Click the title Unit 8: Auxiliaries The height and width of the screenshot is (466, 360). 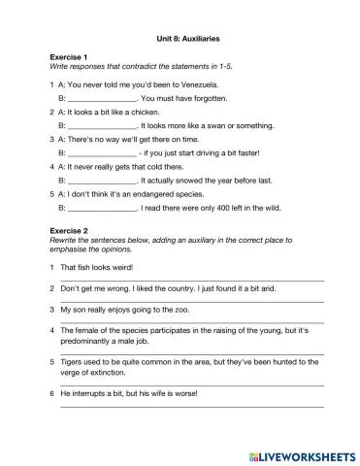(189, 40)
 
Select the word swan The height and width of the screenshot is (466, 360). (220, 125)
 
